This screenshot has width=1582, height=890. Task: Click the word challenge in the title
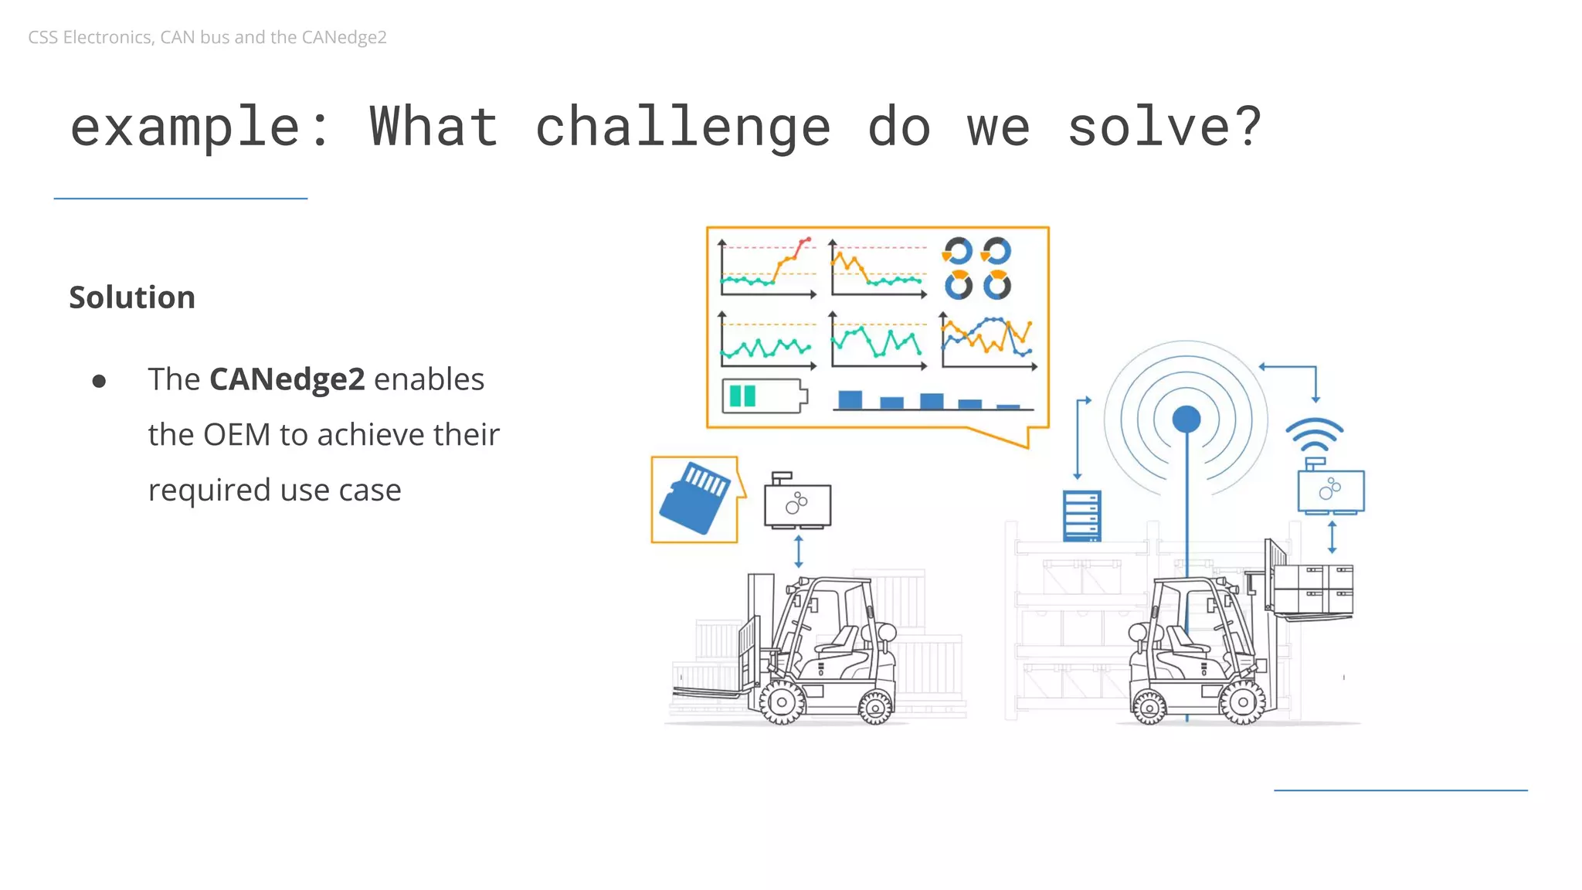[x=683, y=128]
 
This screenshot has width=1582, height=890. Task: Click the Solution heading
[x=132, y=297]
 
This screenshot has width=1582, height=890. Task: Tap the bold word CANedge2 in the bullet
[x=287, y=379]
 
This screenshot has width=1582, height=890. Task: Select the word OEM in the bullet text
[x=237, y=435]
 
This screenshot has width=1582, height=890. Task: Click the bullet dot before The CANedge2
[x=99, y=381]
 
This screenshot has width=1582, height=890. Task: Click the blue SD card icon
[x=694, y=498]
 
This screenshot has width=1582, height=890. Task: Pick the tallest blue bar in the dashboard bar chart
[x=850, y=399]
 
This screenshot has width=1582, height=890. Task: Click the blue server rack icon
[x=1081, y=515]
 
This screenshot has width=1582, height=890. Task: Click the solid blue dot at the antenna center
[x=1186, y=420]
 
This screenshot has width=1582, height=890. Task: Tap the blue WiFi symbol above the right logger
[x=1314, y=436]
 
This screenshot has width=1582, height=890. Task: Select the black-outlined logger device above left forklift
[x=797, y=504]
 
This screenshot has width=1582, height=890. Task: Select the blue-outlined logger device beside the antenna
[x=1330, y=491]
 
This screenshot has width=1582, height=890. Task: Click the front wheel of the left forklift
[x=782, y=702]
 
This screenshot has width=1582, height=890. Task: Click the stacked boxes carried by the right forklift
[x=1312, y=589]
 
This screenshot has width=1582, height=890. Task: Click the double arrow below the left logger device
[x=798, y=552]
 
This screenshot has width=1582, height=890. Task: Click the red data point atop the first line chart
[x=808, y=239]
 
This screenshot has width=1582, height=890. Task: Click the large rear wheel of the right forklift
[x=1242, y=702]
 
